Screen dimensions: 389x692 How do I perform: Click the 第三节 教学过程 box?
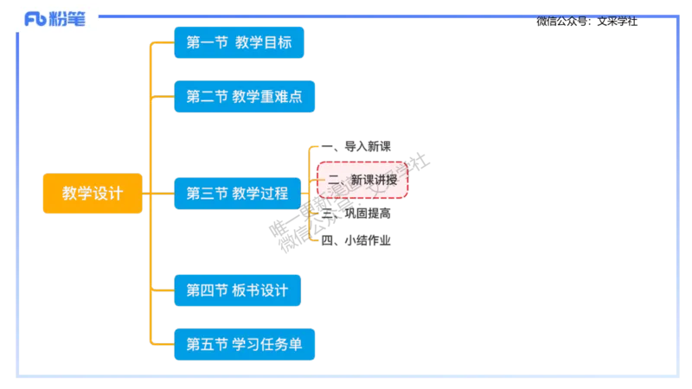pos(238,193)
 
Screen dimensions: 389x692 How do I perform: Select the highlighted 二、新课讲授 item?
pos(362,181)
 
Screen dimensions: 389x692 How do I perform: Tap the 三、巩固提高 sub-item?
pos(356,213)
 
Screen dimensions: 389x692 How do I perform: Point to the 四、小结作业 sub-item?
pos(356,241)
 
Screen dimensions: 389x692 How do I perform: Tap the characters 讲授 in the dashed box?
pos(386,181)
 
